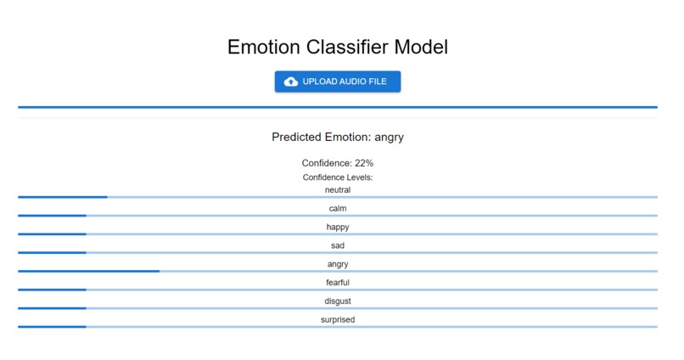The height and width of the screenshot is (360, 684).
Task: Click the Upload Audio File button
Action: pyautogui.click(x=337, y=82)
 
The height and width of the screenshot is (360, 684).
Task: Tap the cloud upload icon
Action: pyautogui.click(x=291, y=82)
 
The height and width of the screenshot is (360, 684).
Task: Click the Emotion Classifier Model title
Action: pyautogui.click(x=337, y=47)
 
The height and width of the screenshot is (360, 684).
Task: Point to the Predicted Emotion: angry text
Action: pyautogui.click(x=337, y=137)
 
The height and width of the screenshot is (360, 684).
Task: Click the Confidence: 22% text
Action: pyautogui.click(x=337, y=162)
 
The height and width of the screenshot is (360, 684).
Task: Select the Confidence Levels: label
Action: pyautogui.click(x=337, y=177)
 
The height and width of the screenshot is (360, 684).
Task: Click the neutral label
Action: pyautogui.click(x=337, y=190)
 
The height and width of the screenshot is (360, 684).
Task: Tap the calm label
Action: pyautogui.click(x=337, y=209)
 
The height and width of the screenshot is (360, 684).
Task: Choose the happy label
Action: pyautogui.click(x=337, y=227)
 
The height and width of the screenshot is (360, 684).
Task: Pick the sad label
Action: pyautogui.click(x=337, y=245)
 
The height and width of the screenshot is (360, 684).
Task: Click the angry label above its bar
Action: pyautogui.click(x=337, y=264)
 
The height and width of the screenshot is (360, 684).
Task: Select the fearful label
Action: pyautogui.click(x=337, y=282)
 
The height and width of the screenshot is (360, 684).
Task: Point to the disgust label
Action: pyautogui.click(x=337, y=301)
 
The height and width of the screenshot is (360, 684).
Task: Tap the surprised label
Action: pyautogui.click(x=337, y=319)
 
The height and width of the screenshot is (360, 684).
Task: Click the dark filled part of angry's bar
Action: pyautogui.click(x=88, y=271)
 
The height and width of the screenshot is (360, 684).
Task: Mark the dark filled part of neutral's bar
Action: pyautogui.click(x=62, y=197)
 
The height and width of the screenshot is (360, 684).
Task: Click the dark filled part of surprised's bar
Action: pyautogui.click(x=52, y=326)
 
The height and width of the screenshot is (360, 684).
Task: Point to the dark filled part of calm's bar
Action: pyautogui.click(x=52, y=216)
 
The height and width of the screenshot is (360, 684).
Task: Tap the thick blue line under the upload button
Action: pyautogui.click(x=337, y=107)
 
